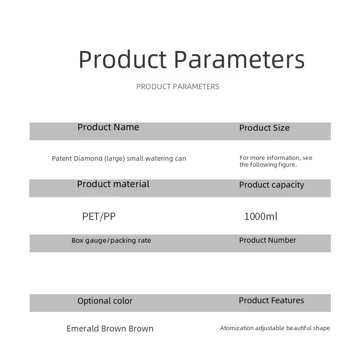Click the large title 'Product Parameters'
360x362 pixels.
coord(191,59)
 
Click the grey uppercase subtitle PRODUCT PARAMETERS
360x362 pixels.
coord(178,87)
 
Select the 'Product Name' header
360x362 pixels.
coord(108,127)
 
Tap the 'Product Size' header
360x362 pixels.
coord(264,127)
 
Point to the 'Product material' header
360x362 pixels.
coord(113,184)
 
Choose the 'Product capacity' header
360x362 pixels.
coord(272,185)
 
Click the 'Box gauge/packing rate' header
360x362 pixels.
coord(111,240)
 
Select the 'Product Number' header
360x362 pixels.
coord(267,240)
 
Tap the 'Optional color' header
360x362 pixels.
coord(105,301)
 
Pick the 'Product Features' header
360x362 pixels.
coord(271,301)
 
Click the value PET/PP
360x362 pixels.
coord(99,217)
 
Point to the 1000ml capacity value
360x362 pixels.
coord(261,216)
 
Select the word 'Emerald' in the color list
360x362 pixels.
coord(83,328)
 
